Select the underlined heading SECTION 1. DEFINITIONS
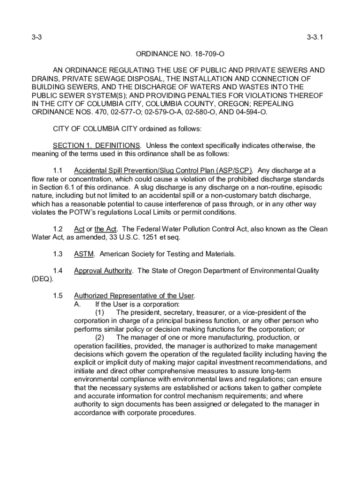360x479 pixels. coord(96,145)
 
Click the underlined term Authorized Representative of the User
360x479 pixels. coord(134,296)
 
